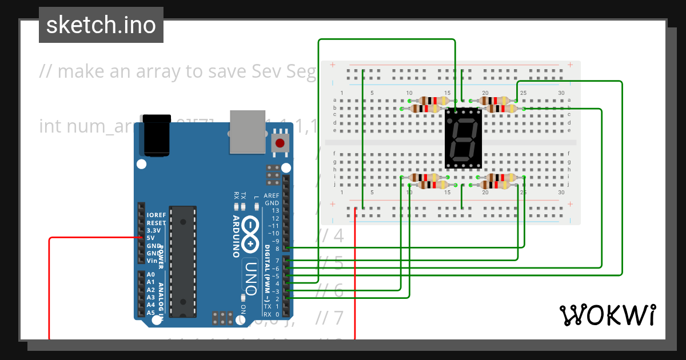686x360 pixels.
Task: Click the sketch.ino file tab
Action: tap(101, 25)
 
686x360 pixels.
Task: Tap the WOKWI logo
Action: tap(607, 315)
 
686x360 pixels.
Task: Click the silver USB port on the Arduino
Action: tap(248, 131)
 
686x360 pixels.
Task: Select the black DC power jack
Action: tap(156, 135)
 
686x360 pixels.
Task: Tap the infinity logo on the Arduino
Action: tap(250, 235)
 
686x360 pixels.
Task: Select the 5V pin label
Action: tap(151, 238)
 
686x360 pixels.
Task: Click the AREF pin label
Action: tap(271, 195)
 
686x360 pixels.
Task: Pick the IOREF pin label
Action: tap(157, 215)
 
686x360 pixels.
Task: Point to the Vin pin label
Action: tap(151, 261)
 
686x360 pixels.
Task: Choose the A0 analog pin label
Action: tap(151, 274)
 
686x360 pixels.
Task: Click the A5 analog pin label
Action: tap(151, 313)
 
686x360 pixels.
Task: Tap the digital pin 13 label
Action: tap(276, 211)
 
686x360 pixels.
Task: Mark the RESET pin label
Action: tap(156, 223)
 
